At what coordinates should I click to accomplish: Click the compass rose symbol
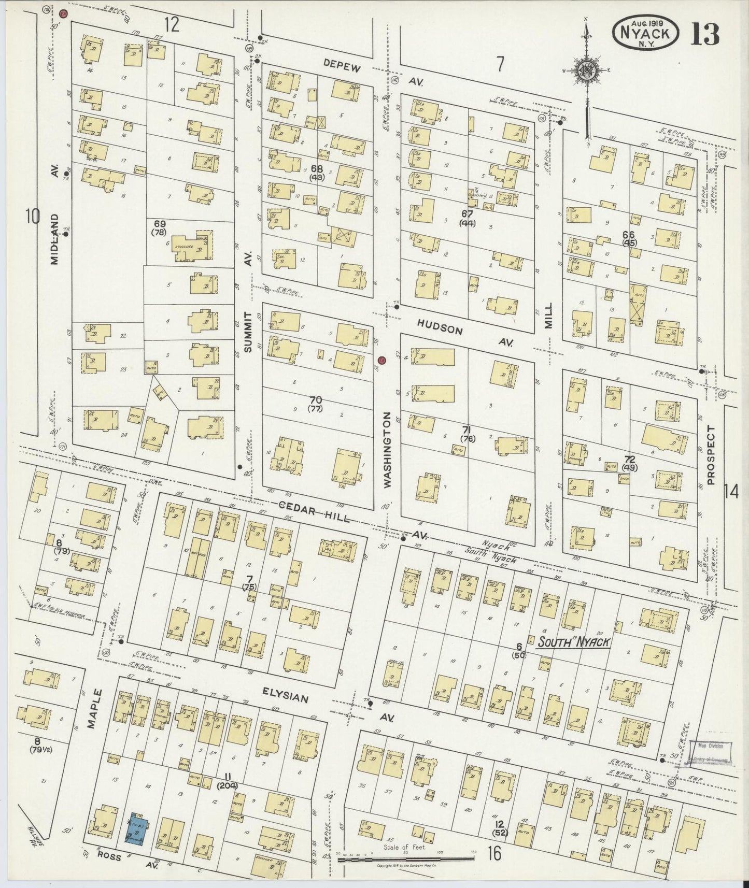tap(587, 72)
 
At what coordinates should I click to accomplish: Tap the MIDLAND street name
tap(55, 239)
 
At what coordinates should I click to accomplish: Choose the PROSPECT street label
tap(710, 455)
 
